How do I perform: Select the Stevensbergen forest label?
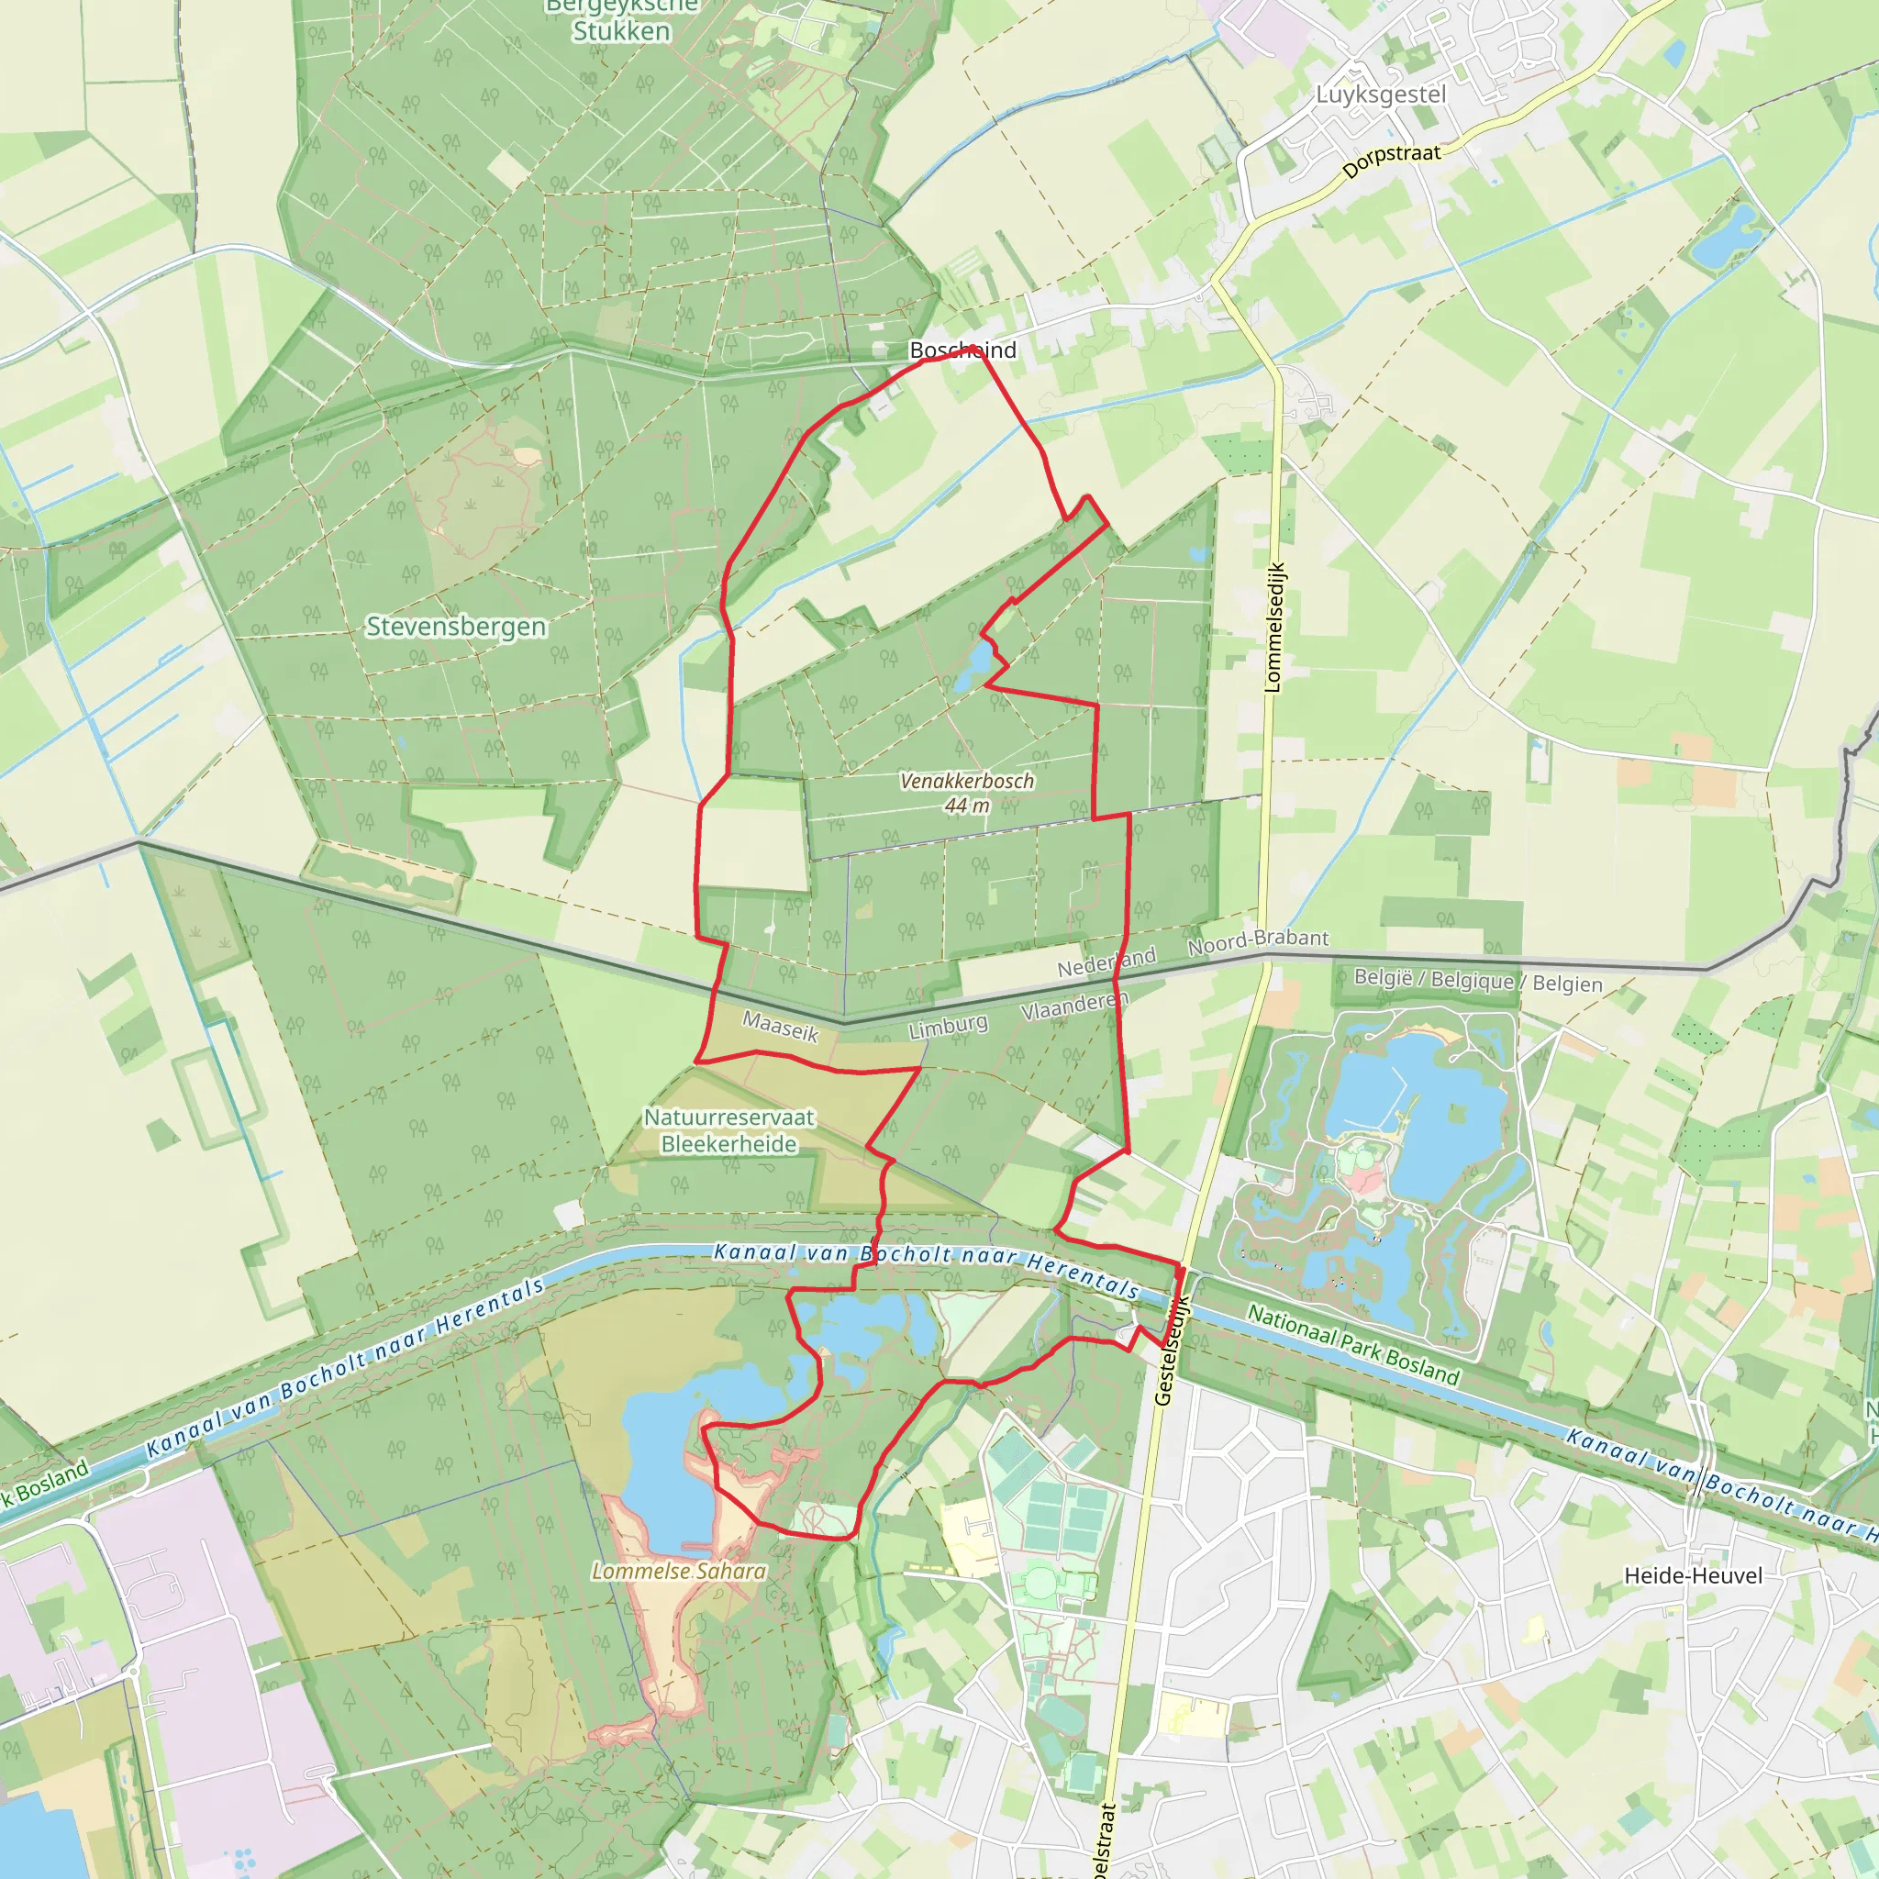pos(455,627)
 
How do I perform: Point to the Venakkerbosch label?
pos(967,781)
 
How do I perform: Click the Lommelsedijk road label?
pos(1274,628)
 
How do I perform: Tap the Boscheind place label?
pos(962,350)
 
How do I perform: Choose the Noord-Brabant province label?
pos(1258,940)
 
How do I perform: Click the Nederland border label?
pos(1106,962)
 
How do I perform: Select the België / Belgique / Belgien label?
pos(1477,981)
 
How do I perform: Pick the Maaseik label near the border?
pos(780,1027)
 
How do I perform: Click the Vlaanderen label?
pos(1073,1006)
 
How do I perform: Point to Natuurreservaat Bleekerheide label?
pos(728,1131)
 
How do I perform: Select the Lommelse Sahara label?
pos(679,1571)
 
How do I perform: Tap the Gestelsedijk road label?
pos(1172,1351)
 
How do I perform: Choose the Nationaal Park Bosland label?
pos(1353,1345)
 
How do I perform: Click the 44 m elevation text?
pos(967,806)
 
